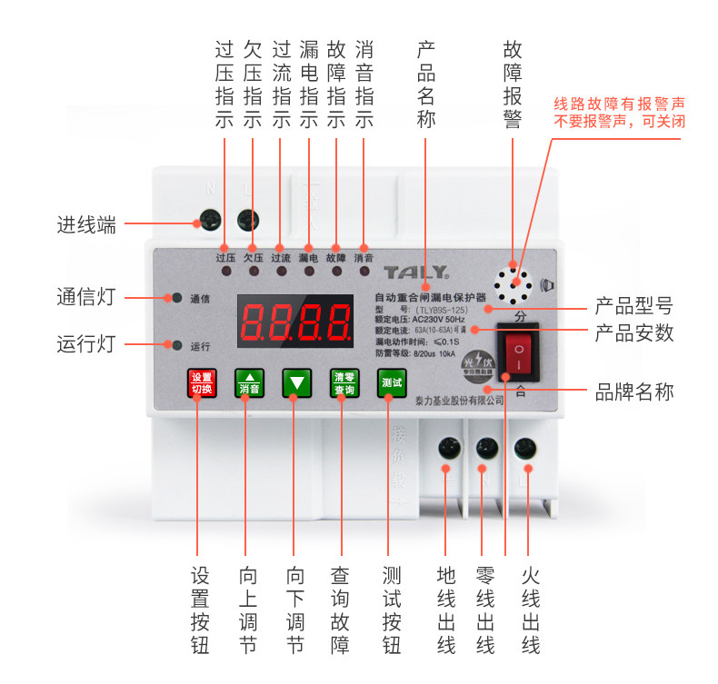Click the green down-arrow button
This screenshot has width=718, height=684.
(296, 384)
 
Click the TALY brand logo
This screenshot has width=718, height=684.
(415, 272)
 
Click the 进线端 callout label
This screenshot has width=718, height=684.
(87, 225)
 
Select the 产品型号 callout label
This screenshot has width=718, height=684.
(634, 303)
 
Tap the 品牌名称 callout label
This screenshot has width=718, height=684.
(634, 392)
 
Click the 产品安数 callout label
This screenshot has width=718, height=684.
(634, 332)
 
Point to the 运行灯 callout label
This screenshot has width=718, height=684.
(87, 345)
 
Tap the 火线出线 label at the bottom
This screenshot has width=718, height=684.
(531, 610)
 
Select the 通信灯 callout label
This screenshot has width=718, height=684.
(87, 297)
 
